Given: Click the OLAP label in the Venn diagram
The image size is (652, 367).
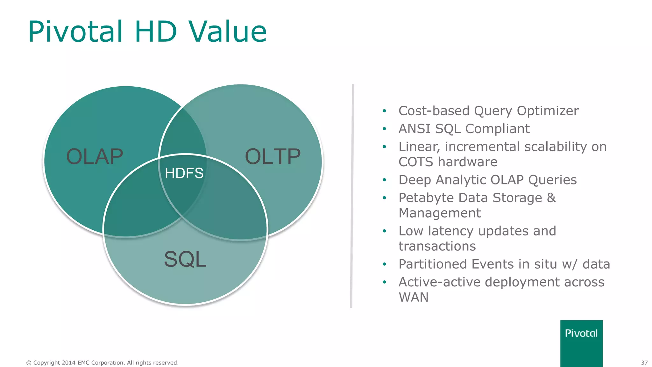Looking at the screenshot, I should point(95,157).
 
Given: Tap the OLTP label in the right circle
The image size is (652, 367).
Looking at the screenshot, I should point(273,157).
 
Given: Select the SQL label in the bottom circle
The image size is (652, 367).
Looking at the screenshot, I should point(185,259).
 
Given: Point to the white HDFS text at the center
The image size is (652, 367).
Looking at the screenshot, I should point(184,173).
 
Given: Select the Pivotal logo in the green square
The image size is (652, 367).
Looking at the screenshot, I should point(581,334).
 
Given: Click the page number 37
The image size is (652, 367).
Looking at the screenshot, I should point(644,363).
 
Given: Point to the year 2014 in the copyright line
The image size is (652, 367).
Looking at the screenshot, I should point(68,363).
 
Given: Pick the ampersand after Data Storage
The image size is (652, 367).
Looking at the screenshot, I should point(551,198).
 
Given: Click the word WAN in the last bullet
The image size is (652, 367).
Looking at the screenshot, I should point(414,298).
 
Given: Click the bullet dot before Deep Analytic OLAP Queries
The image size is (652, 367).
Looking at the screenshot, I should point(384,180).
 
